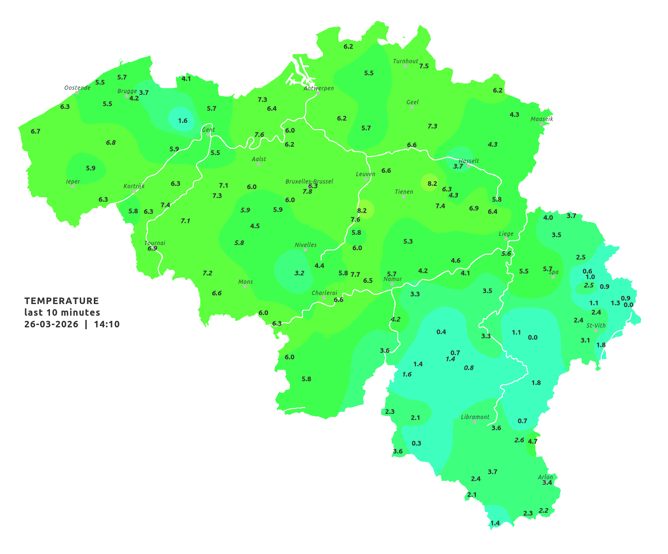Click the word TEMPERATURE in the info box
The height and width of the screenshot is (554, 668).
pyautogui.click(x=62, y=301)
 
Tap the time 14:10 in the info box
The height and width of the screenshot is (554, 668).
pyautogui.click(x=106, y=324)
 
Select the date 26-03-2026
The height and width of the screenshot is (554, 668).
pyautogui.click(x=51, y=324)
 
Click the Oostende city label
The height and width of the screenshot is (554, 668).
pyautogui.click(x=77, y=88)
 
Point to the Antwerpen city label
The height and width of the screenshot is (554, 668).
pyautogui.click(x=319, y=88)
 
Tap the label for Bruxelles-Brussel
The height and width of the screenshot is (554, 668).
pyautogui.click(x=309, y=181)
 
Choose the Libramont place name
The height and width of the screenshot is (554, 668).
pyautogui.click(x=475, y=417)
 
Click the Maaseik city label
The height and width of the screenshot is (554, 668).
pyautogui.click(x=541, y=119)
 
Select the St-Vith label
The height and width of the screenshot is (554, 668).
pyautogui.click(x=596, y=325)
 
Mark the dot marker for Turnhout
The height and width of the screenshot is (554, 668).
pyautogui.click(x=405, y=66)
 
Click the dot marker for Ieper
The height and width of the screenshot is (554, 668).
pyautogui.click(x=72, y=187)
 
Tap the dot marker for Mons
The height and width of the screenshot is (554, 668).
pyautogui.click(x=245, y=287)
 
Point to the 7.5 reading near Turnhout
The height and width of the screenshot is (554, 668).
pyautogui.click(x=424, y=66)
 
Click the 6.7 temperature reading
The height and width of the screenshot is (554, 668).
pyautogui.click(x=35, y=132)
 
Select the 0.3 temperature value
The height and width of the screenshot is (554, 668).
pyautogui.click(x=416, y=443)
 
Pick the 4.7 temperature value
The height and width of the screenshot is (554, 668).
pyautogui.click(x=533, y=441)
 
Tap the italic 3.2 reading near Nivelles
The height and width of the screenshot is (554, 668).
pyautogui.click(x=299, y=273)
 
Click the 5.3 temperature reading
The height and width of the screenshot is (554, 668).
pyautogui.click(x=408, y=241)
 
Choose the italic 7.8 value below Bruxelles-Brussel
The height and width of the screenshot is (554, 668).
pyautogui.click(x=307, y=192)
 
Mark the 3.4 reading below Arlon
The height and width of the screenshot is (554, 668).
pyautogui.click(x=547, y=483)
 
